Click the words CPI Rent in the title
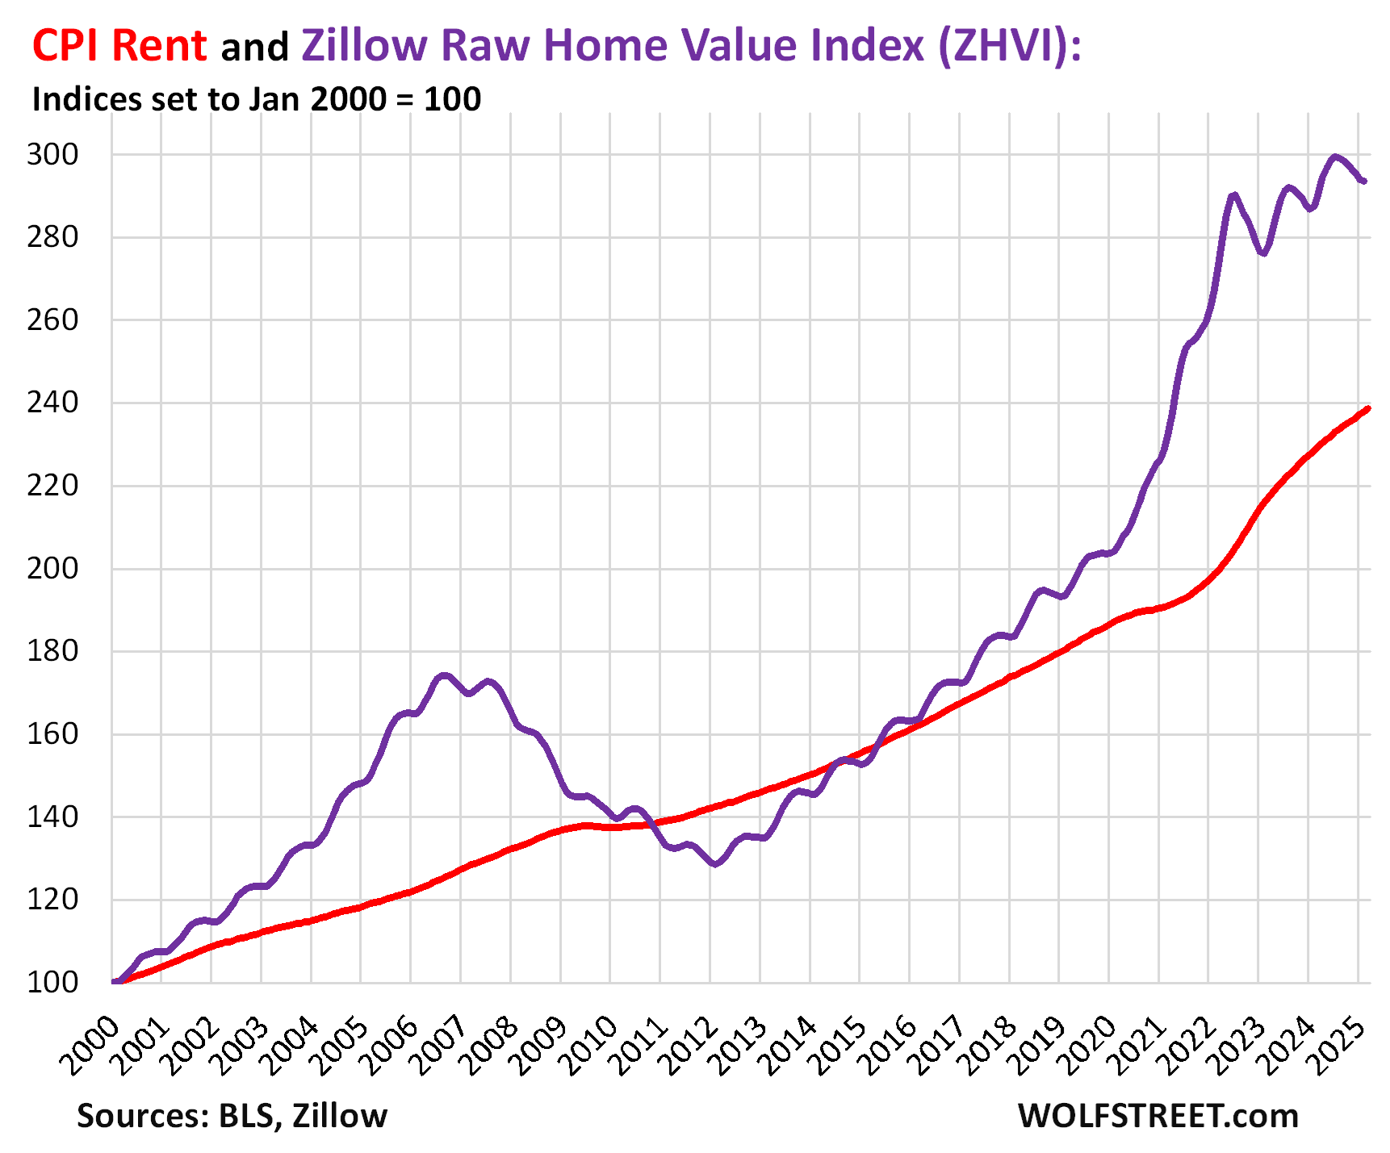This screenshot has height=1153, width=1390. click(x=119, y=45)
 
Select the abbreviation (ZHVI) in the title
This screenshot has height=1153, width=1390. click(x=1008, y=45)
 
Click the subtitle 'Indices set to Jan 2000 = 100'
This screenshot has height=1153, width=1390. click(x=256, y=99)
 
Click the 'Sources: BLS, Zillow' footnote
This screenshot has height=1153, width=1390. click(x=232, y=1116)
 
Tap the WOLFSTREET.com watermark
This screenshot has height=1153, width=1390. click(x=1158, y=1116)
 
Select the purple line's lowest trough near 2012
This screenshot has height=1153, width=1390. click(x=714, y=864)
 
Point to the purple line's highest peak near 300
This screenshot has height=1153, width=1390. click(x=1335, y=157)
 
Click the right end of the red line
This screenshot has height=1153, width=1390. click(x=1367, y=408)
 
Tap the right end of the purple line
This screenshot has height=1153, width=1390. click(x=1363, y=182)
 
